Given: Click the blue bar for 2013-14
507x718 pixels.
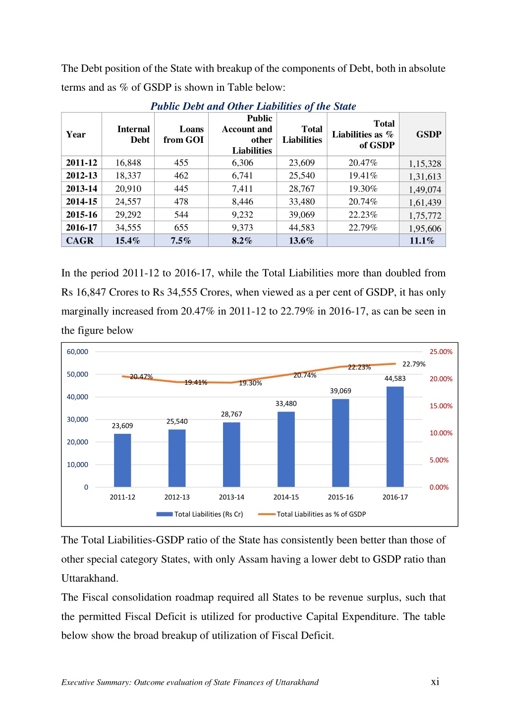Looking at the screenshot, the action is (231, 455).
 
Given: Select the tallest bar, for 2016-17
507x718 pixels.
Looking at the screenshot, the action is (394, 436).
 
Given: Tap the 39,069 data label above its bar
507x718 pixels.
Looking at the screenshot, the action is (340, 391).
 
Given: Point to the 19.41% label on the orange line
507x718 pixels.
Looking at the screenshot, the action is (196, 382).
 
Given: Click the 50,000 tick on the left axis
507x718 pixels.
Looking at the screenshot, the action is (77, 374).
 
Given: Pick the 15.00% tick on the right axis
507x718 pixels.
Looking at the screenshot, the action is (441, 406).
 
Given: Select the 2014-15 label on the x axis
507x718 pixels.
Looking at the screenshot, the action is (285, 497).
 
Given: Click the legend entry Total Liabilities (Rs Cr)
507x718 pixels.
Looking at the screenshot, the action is (200, 514).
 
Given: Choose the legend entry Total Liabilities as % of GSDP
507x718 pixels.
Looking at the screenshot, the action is (312, 514).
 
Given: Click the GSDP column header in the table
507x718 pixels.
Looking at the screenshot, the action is (429, 134).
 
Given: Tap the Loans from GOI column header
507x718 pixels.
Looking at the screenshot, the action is (183, 134).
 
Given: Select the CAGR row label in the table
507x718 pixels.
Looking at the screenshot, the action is (80, 240).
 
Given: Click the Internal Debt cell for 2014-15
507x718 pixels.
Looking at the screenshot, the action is (128, 202).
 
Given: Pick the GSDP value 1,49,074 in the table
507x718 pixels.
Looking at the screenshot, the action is (425, 189).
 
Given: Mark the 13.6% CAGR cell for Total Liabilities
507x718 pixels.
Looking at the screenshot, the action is (301, 240).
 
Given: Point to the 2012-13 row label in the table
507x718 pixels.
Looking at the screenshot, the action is (81, 176).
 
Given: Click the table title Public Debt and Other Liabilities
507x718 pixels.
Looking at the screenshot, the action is (253, 106).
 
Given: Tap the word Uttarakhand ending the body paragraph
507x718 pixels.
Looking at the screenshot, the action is (90, 578).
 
